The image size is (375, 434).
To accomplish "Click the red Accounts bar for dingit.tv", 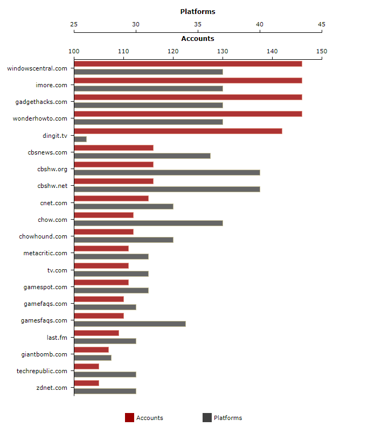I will point(178,131).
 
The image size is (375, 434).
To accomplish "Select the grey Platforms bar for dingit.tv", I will point(80,139).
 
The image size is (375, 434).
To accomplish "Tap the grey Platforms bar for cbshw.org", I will point(167,172).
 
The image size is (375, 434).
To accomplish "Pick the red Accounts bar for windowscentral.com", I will point(188,64).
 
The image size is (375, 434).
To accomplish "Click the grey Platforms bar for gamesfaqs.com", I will point(130,324).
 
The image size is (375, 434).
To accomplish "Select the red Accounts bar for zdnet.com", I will point(86,383).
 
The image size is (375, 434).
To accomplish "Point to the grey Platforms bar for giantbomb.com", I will point(93,358).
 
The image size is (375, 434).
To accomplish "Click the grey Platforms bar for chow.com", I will point(148,223).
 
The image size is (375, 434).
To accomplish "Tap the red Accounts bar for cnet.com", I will point(111,198).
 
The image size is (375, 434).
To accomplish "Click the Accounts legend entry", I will point(144,418).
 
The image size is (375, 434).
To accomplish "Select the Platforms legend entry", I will point(222,418).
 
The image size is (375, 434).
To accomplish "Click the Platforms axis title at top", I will point(198,11).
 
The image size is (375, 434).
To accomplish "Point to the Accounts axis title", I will point(198,38).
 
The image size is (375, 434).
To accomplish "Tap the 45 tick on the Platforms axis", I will point(322,24).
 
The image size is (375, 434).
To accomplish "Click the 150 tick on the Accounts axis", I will point(322,51).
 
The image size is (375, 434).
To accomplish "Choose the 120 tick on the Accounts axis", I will point(173,51).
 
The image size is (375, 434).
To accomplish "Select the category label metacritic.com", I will point(45,253).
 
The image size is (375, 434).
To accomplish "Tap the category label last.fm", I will point(57,337).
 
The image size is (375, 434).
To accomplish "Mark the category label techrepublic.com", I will point(42,371).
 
